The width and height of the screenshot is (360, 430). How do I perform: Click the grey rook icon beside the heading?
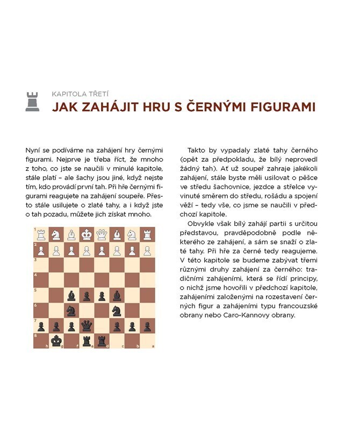(33, 102)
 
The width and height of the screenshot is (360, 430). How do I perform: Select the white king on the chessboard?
(87, 235)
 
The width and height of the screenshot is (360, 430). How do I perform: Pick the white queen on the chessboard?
(102, 235)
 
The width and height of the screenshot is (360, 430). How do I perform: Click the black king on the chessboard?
(56, 341)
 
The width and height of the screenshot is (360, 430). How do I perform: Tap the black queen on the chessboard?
(87, 326)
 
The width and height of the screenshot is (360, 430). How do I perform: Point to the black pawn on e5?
(87, 295)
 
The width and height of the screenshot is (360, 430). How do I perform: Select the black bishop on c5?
(117, 295)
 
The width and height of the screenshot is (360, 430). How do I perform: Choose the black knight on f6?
(71, 311)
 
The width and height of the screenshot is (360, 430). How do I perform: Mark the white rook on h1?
(41, 235)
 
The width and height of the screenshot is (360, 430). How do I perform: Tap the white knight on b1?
(132, 235)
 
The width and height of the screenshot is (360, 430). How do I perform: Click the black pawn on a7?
(147, 326)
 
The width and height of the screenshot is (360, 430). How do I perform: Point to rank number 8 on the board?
(36, 335)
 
